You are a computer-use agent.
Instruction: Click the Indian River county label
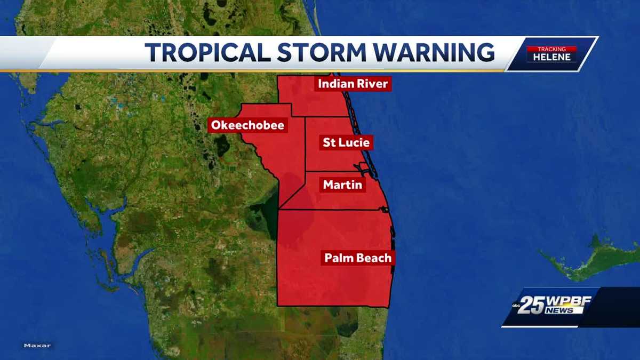(x=353, y=84)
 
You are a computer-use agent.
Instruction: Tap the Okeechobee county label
(x=247, y=125)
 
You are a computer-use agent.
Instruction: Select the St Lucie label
(x=346, y=142)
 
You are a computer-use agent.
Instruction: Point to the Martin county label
(x=342, y=185)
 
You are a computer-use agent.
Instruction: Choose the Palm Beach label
(x=358, y=258)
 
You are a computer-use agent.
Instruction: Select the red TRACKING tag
(x=551, y=49)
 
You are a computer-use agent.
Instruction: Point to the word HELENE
(x=551, y=57)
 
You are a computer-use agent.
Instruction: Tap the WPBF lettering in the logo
(x=569, y=300)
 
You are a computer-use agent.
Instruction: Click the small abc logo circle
(x=516, y=306)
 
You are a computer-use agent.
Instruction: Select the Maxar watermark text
(x=37, y=346)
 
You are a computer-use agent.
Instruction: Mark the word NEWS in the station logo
(x=560, y=310)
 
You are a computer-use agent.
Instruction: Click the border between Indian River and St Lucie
(x=325, y=117)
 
